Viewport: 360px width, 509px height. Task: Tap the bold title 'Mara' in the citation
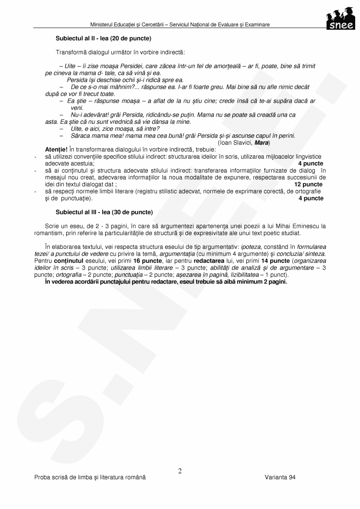coord(262,143)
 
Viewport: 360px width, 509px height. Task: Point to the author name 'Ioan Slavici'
coord(236,143)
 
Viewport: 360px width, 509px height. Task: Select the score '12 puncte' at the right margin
coord(308,184)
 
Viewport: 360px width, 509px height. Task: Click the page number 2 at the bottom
coord(180,471)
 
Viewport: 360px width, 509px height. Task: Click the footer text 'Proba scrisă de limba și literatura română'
coord(90,478)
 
